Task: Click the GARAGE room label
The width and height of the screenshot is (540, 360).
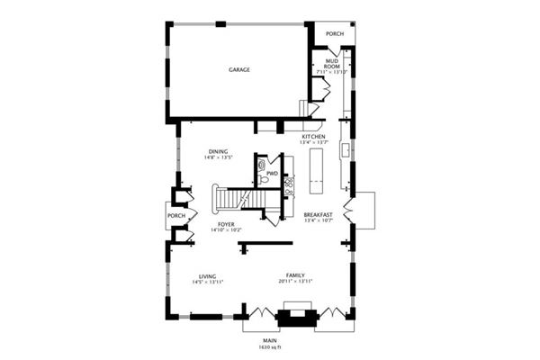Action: [238, 69]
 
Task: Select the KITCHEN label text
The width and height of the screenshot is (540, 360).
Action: [326, 137]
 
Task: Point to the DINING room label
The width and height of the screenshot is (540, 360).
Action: [218, 151]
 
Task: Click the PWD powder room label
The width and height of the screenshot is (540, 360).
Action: [272, 173]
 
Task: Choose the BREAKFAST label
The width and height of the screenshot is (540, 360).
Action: [319, 214]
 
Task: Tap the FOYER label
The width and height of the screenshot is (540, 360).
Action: [226, 224]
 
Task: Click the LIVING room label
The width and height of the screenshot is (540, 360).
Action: [207, 276]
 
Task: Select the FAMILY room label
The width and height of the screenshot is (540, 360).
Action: [295, 275]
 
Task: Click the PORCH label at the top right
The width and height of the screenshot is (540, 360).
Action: [335, 34]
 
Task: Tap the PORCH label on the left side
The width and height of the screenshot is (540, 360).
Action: [177, 216]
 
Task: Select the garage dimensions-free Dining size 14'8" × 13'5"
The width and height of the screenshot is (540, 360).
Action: [218, 157]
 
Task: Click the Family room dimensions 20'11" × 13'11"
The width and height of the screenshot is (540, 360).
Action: [295, 282]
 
